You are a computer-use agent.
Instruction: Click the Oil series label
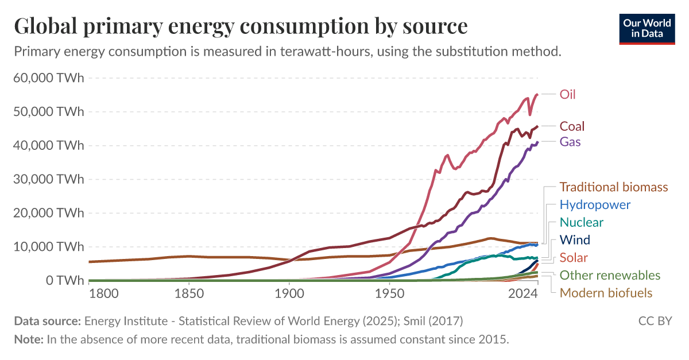point(567,95)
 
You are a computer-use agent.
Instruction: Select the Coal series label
point(572,126)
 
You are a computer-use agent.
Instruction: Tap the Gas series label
point(570,141)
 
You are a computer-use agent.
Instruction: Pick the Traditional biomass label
point(614,187)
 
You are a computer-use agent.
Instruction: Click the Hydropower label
point(595,205)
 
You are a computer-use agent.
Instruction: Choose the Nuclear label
point(582,222)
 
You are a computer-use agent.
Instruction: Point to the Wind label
point(575,240)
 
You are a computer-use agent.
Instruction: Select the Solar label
point(574,258)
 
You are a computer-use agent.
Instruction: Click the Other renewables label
point(610,276)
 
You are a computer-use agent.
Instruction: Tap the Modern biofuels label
point(606,293)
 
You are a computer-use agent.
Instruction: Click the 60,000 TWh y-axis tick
point(48,78)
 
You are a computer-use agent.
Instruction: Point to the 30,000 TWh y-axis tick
point(48,179)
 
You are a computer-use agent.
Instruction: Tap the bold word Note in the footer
point(28,339)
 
